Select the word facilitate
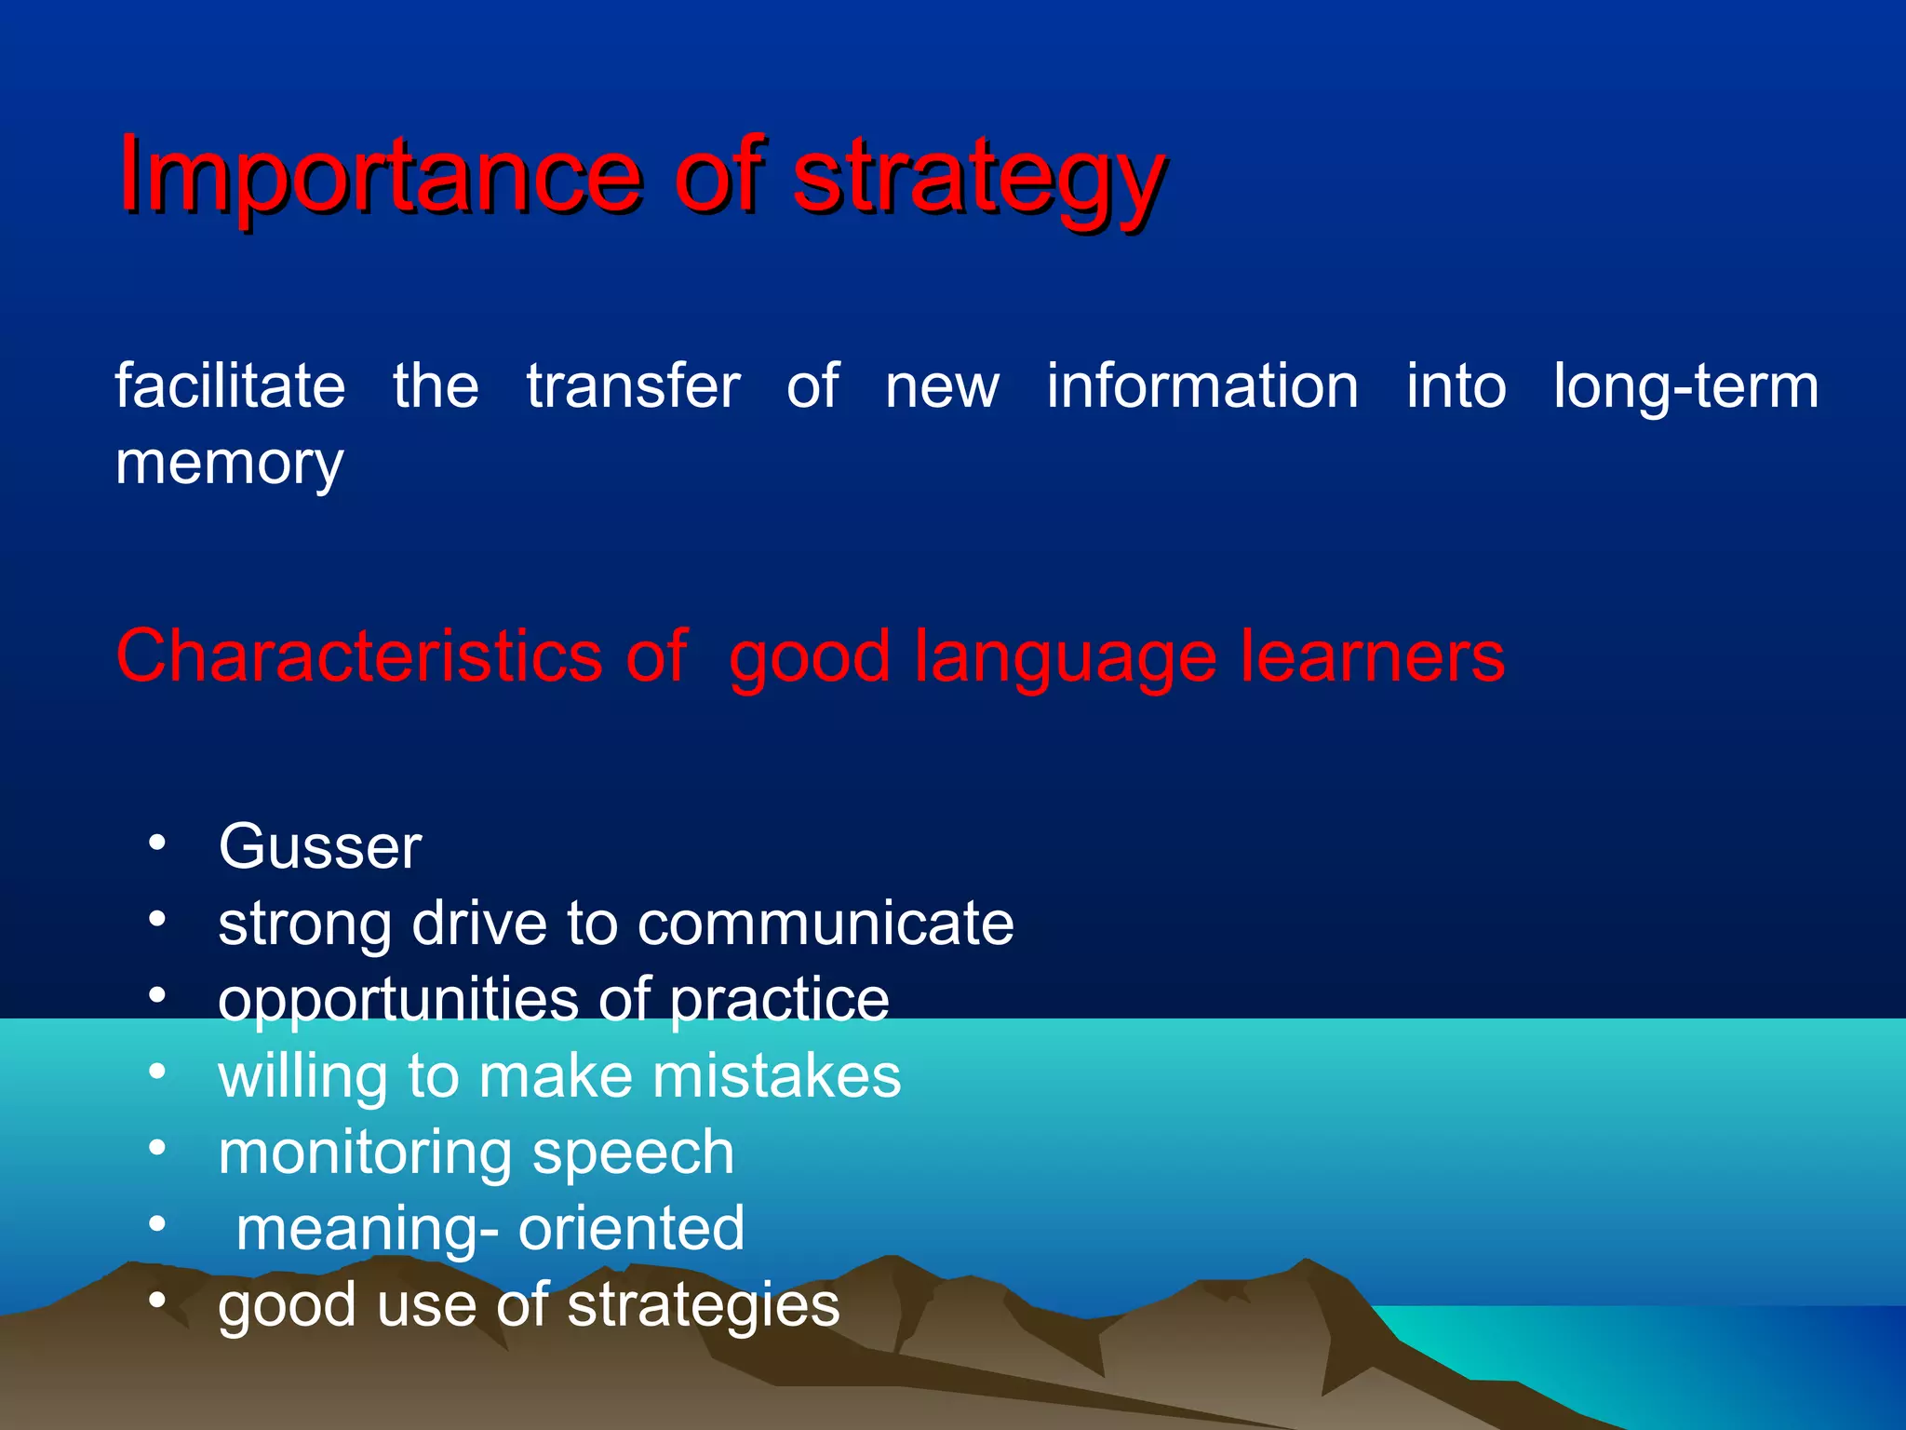point(230,386)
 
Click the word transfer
point(633,386)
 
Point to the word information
point(1201,386)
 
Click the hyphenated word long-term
point(1685,388)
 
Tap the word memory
point(229,465)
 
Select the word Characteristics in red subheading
point(359,656)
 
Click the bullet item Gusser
point(320,847)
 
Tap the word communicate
point(825,924)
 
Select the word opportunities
point(398,1002)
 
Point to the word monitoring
point(364,1154)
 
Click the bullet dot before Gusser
point(157,843)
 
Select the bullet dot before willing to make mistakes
point(157,1072)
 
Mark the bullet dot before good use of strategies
point(157,1301)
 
